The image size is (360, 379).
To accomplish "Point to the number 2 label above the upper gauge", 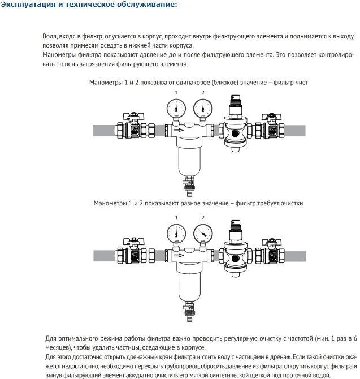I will point(203,92).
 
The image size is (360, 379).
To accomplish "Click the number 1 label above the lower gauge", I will point(176,218).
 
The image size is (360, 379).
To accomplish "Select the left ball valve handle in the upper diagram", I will point(136,116).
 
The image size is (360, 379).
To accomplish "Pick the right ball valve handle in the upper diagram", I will point(270,116).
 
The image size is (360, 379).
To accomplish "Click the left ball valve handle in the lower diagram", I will point(136,242).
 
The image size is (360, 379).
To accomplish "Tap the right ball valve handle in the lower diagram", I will point(270,242).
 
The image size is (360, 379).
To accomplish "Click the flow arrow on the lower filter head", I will point(177,256).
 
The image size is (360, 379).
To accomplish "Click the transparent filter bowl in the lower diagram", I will point(189,283).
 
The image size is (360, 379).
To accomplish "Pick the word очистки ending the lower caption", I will point(290,203).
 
